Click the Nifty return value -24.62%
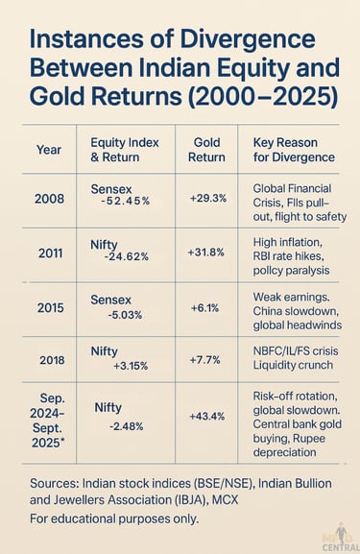click(127, 256)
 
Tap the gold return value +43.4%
click(207, 415)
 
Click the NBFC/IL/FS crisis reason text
click(286, 351)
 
